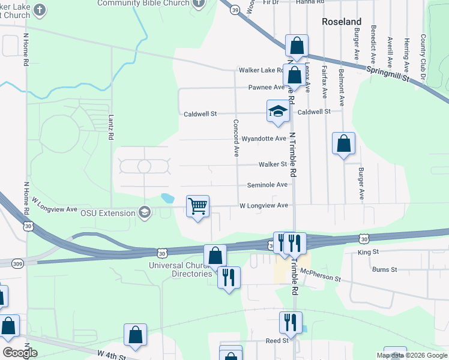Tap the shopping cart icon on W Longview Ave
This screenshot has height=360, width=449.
[197, 206]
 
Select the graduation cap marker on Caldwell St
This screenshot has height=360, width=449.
[278, 111]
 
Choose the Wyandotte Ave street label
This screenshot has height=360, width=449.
[264, 139]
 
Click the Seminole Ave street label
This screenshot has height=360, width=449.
[271, 185]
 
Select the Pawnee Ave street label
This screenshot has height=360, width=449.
[267, 88]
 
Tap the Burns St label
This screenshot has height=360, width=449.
[385, 270]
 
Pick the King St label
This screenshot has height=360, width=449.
[369, 252]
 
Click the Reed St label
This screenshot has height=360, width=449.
[277, 340]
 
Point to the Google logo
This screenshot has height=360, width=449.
[20, 352]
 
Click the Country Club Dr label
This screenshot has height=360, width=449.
[423, 57]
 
